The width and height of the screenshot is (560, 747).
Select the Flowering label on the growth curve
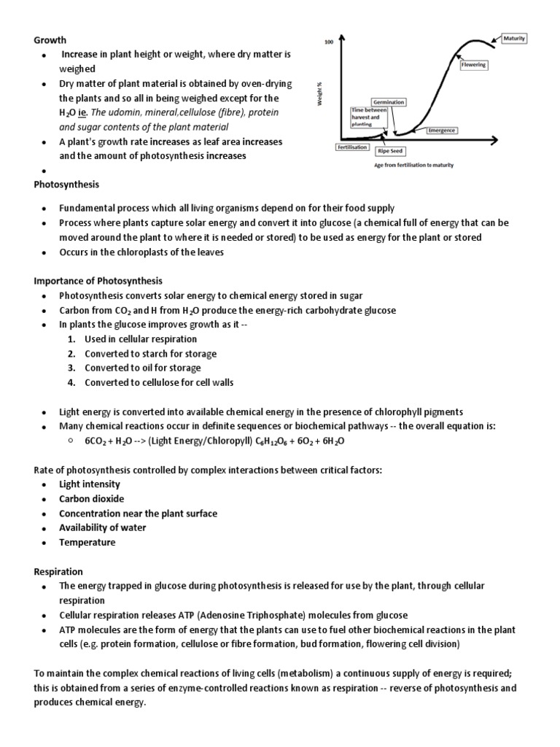(474, 65)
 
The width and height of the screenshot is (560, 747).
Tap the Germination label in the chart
(389, 102)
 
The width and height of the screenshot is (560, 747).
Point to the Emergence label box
(442, 130)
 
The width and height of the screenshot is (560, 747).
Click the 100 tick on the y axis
(328, 43)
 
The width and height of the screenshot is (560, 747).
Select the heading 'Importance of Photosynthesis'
(98, 281)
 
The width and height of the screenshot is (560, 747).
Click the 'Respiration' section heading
(58, 571)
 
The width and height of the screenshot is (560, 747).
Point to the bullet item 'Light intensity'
(90, 484)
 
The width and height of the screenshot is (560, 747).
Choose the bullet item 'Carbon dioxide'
(92, 499)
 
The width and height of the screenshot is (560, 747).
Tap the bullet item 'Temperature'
(87, 543)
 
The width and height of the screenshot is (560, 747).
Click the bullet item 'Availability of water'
(103, 528)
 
